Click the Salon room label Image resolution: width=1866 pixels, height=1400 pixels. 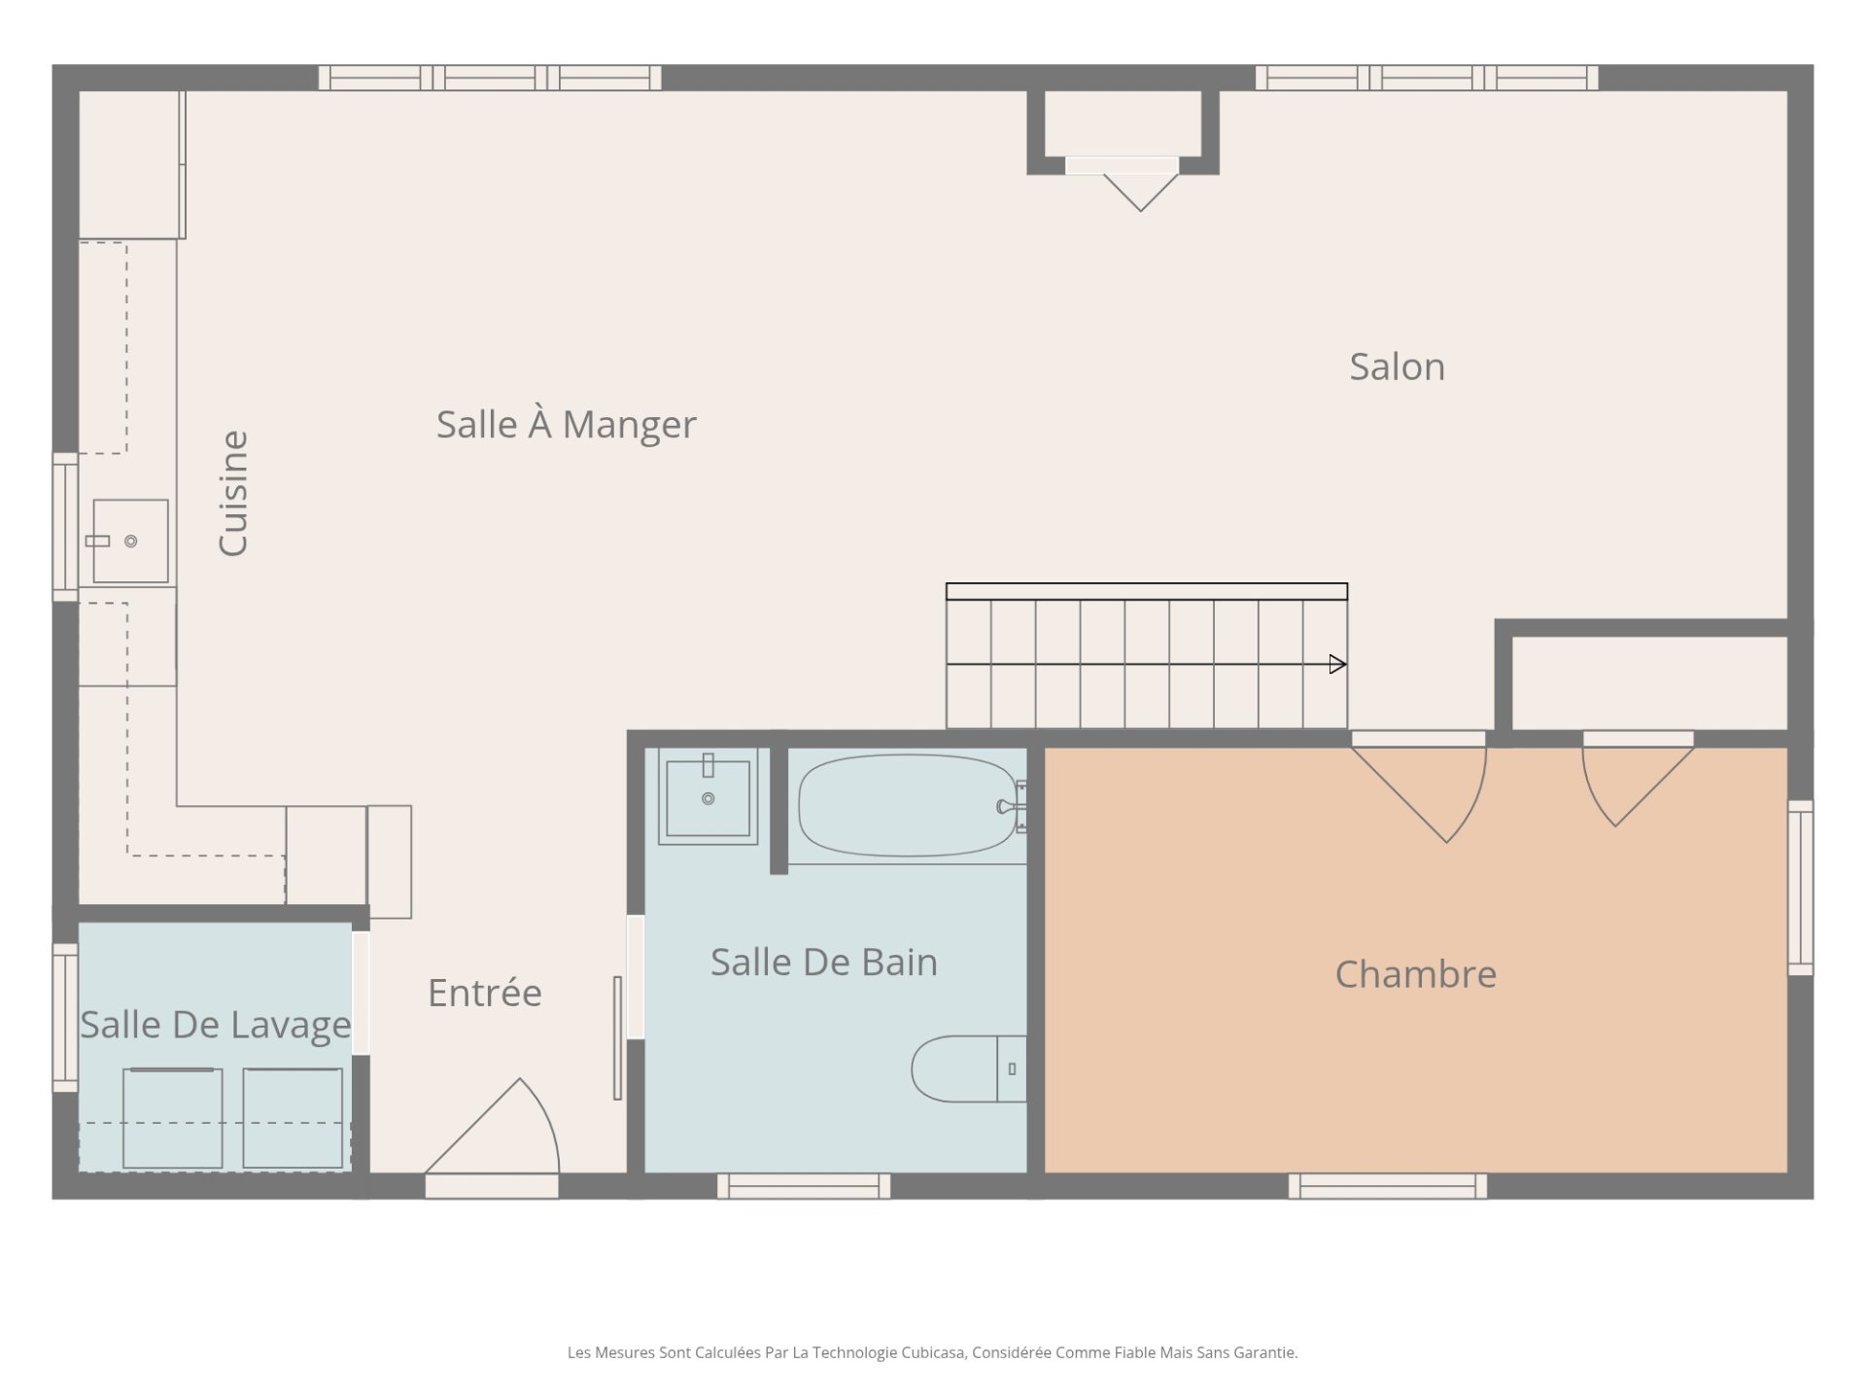click(1397, 367)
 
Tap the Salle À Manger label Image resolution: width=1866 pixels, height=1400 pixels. click(566, 425)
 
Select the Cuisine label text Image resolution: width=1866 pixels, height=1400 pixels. click(233, 494)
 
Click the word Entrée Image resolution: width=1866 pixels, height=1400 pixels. click(484, 993)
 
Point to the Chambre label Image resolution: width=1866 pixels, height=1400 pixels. click(1415, 974)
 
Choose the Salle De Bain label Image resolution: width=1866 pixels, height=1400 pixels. click(823, 962)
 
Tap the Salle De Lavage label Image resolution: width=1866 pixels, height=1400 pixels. click(215, 1026)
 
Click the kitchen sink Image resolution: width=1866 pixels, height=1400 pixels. click(130, 541)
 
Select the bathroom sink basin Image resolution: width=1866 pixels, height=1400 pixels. click(708, 797)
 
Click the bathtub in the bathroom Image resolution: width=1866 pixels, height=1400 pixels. click(908, 805)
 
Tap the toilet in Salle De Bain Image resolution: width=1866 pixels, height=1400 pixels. click(969, 1068)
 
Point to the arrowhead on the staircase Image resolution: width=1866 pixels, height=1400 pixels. click(1338, 664)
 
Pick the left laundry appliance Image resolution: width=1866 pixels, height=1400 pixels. click(172, 1118)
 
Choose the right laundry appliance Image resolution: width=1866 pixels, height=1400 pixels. click(293, 1118)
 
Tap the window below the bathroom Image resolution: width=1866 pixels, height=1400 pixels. click(804, 1186)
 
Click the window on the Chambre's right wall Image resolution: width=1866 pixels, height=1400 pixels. click(1801, 888)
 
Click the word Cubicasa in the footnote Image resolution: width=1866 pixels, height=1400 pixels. click(932, 1352)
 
